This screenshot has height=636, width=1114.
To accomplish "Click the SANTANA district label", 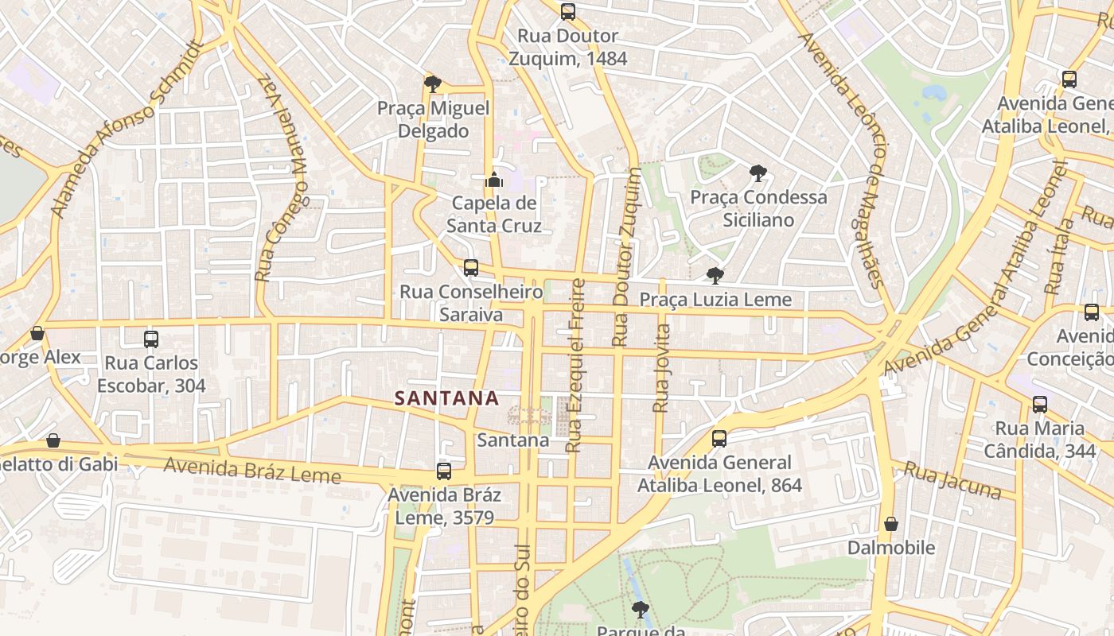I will point(446,398).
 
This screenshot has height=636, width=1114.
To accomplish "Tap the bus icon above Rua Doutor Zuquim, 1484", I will point(567,12).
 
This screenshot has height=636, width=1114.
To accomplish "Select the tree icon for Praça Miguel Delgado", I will point(433,83).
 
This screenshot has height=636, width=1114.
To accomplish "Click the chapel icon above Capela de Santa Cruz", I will point(494,180).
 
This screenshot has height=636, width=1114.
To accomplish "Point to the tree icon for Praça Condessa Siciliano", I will point(758,173).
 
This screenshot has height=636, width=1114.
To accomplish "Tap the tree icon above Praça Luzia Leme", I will point(715,276).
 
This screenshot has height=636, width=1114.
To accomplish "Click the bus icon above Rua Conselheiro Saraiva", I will point(471,268).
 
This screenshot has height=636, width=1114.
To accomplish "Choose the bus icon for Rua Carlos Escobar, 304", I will point(151,339).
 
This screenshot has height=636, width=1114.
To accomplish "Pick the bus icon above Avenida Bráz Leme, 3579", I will point(444,471).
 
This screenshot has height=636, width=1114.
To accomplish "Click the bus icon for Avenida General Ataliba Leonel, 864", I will point(719,439).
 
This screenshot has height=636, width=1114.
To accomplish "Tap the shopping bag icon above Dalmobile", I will point(891,524).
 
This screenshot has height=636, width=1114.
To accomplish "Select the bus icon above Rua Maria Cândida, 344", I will point(1040,405).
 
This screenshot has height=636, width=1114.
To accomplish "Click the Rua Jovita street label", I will point(661,368).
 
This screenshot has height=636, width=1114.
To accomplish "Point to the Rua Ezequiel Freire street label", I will point(575,366).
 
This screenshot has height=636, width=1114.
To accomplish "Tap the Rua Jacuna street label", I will point(952,481).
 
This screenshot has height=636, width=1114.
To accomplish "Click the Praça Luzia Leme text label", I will point(715,300).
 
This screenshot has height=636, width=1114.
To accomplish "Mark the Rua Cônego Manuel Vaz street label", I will point(281,178).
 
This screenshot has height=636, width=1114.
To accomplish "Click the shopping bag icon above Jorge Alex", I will point(37,333).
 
